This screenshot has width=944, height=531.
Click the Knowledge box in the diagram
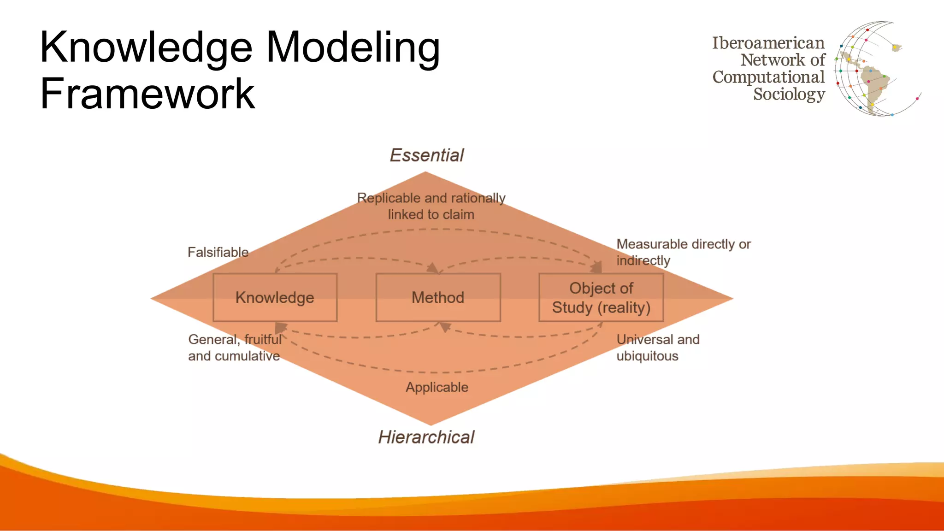pos(275,297)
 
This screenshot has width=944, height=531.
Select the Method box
pos(438,297)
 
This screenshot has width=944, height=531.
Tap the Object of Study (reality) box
pos(601,297)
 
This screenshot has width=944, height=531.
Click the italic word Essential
pos(427,155)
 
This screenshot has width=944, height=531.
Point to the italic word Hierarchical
pos(426,437)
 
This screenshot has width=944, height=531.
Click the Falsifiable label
pos(218,252)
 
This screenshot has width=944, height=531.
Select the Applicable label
pos(437,387)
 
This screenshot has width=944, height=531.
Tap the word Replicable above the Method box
pos(389,198)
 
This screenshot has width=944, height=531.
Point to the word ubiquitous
pos(647,356)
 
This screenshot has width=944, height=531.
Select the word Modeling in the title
pos(353,47)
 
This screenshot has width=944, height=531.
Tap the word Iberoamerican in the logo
pos(768,43)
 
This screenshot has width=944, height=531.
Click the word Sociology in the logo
pos(789,94)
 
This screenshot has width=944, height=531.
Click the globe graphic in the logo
pos(871,69)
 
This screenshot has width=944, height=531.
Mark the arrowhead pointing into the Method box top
pos(433,268)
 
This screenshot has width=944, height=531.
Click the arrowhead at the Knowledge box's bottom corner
pos(280,328)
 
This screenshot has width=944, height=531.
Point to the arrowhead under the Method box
pos(444,327)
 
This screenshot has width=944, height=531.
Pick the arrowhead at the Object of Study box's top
pos(596,267)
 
